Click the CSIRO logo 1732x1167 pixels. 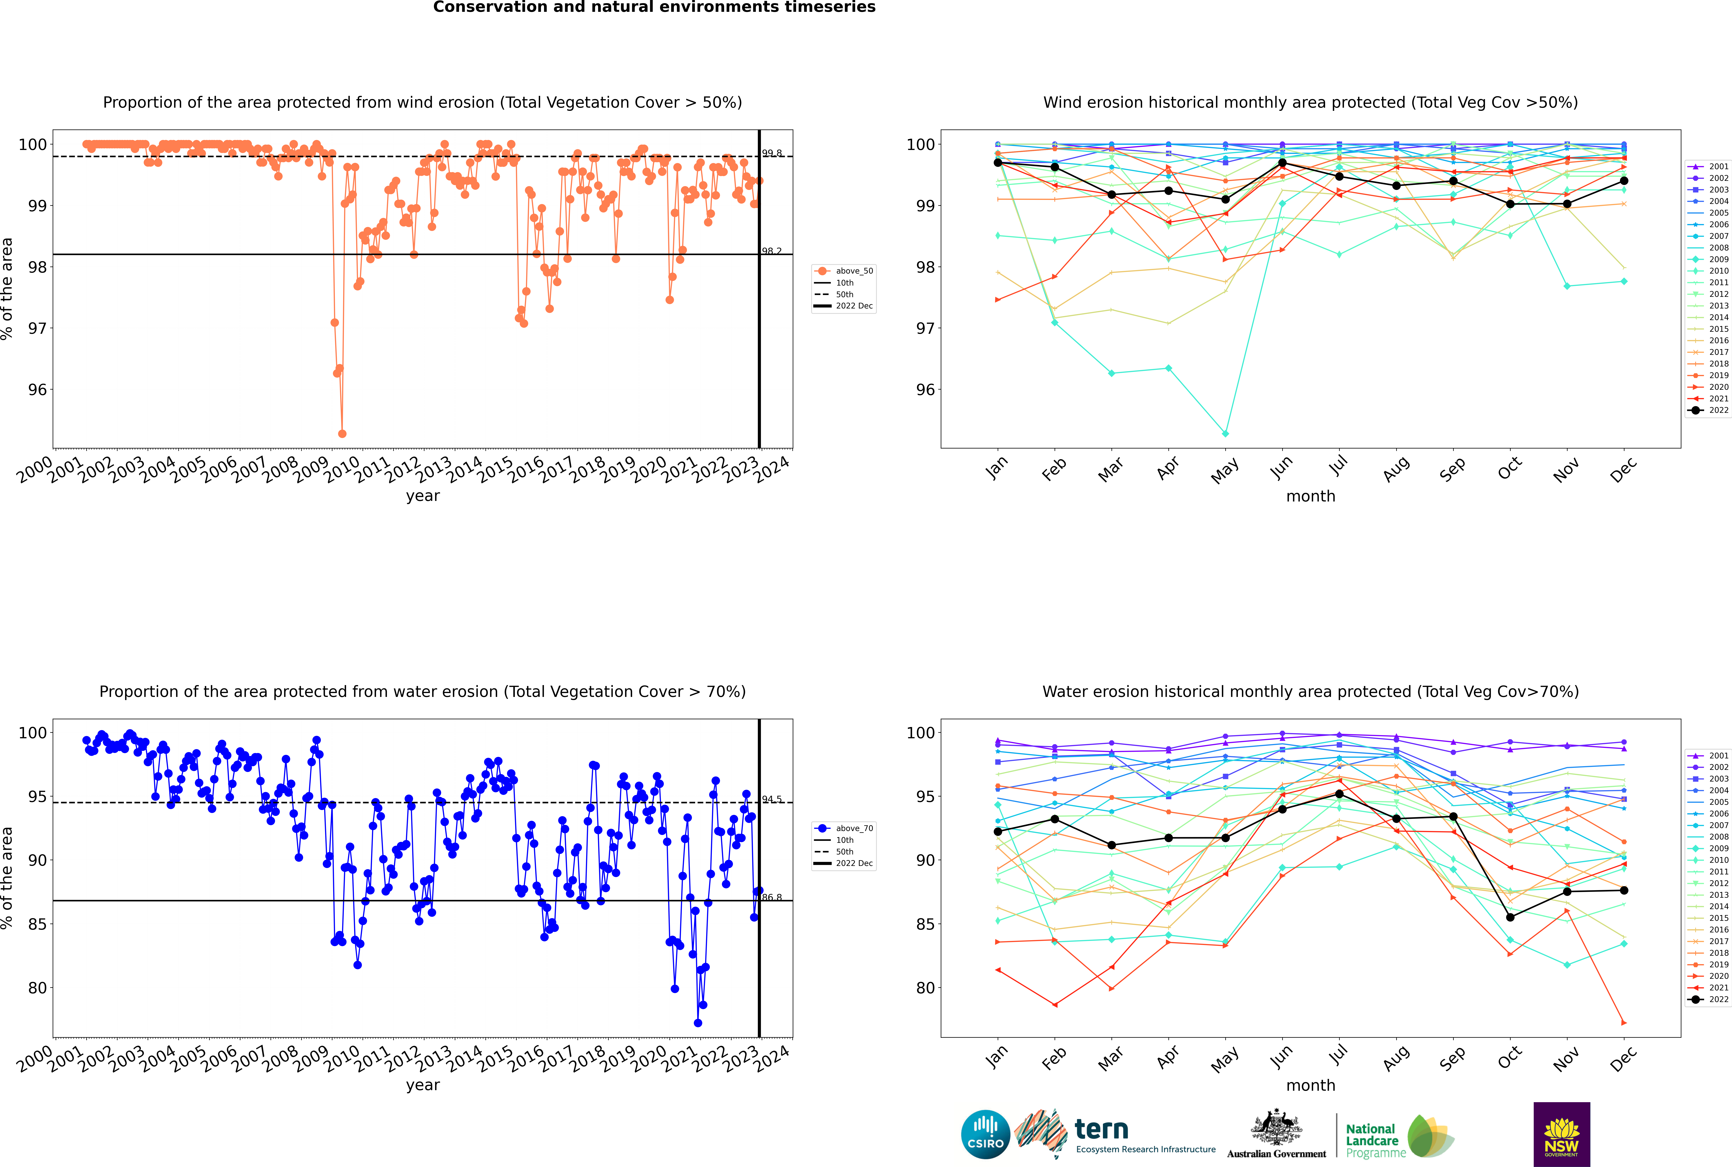pos(985,1134)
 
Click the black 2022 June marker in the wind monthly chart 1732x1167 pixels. pos(1282,162)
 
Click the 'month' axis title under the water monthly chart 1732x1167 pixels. pos(1311,1085)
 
